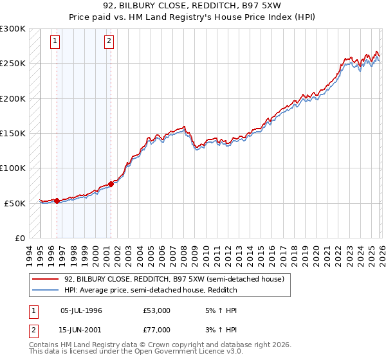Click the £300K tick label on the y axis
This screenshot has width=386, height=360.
(13, 29)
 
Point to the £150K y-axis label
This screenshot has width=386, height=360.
(13, 134)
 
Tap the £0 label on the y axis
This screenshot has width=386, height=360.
(19, 238)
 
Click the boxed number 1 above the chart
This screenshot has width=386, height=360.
(56, 42)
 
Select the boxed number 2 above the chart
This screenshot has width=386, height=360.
(110, 42)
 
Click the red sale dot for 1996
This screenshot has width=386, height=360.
(57, 201)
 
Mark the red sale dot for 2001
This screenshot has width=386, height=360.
(111, 184)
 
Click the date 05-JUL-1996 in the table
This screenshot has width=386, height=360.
(81, 310)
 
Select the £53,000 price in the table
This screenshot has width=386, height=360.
(156, 310)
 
